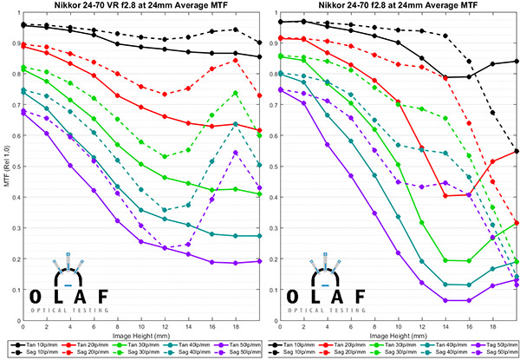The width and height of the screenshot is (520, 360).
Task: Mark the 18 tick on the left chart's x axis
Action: [x=235, y=324]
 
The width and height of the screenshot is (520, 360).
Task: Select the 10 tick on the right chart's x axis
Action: [x=397, y=324]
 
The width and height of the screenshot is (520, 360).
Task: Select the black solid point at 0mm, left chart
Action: [x=23, y=25]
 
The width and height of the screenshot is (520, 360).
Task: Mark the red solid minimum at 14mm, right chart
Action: [x=445, y=195]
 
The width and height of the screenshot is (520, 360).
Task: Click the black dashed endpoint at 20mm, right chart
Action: [x=517, y=151]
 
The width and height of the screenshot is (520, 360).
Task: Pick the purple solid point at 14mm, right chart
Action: [x=445, y=300]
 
